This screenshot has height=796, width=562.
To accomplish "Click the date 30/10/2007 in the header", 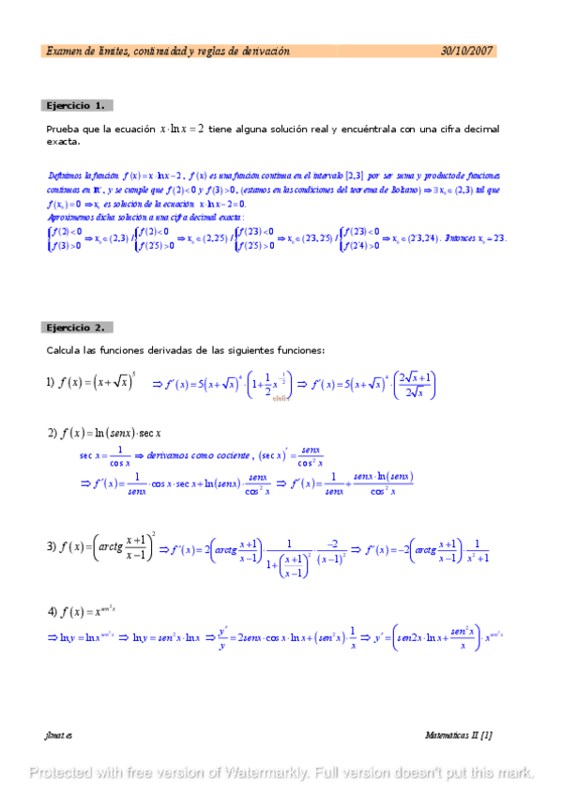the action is [x=466, y=52].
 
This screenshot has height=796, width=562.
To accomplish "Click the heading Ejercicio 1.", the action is [x=77, y=105].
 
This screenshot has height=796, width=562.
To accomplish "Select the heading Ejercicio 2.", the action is [x=77, y=328].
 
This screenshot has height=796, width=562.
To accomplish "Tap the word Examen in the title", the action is [x=64, y=52].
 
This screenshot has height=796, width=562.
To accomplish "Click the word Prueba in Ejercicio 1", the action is [x=64, y=129].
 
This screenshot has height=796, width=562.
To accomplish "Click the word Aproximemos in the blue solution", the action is [x=69, y=218].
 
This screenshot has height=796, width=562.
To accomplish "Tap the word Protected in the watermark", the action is [x=64, y=773].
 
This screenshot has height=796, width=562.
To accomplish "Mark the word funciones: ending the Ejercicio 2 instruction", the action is [x=299, y=350].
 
